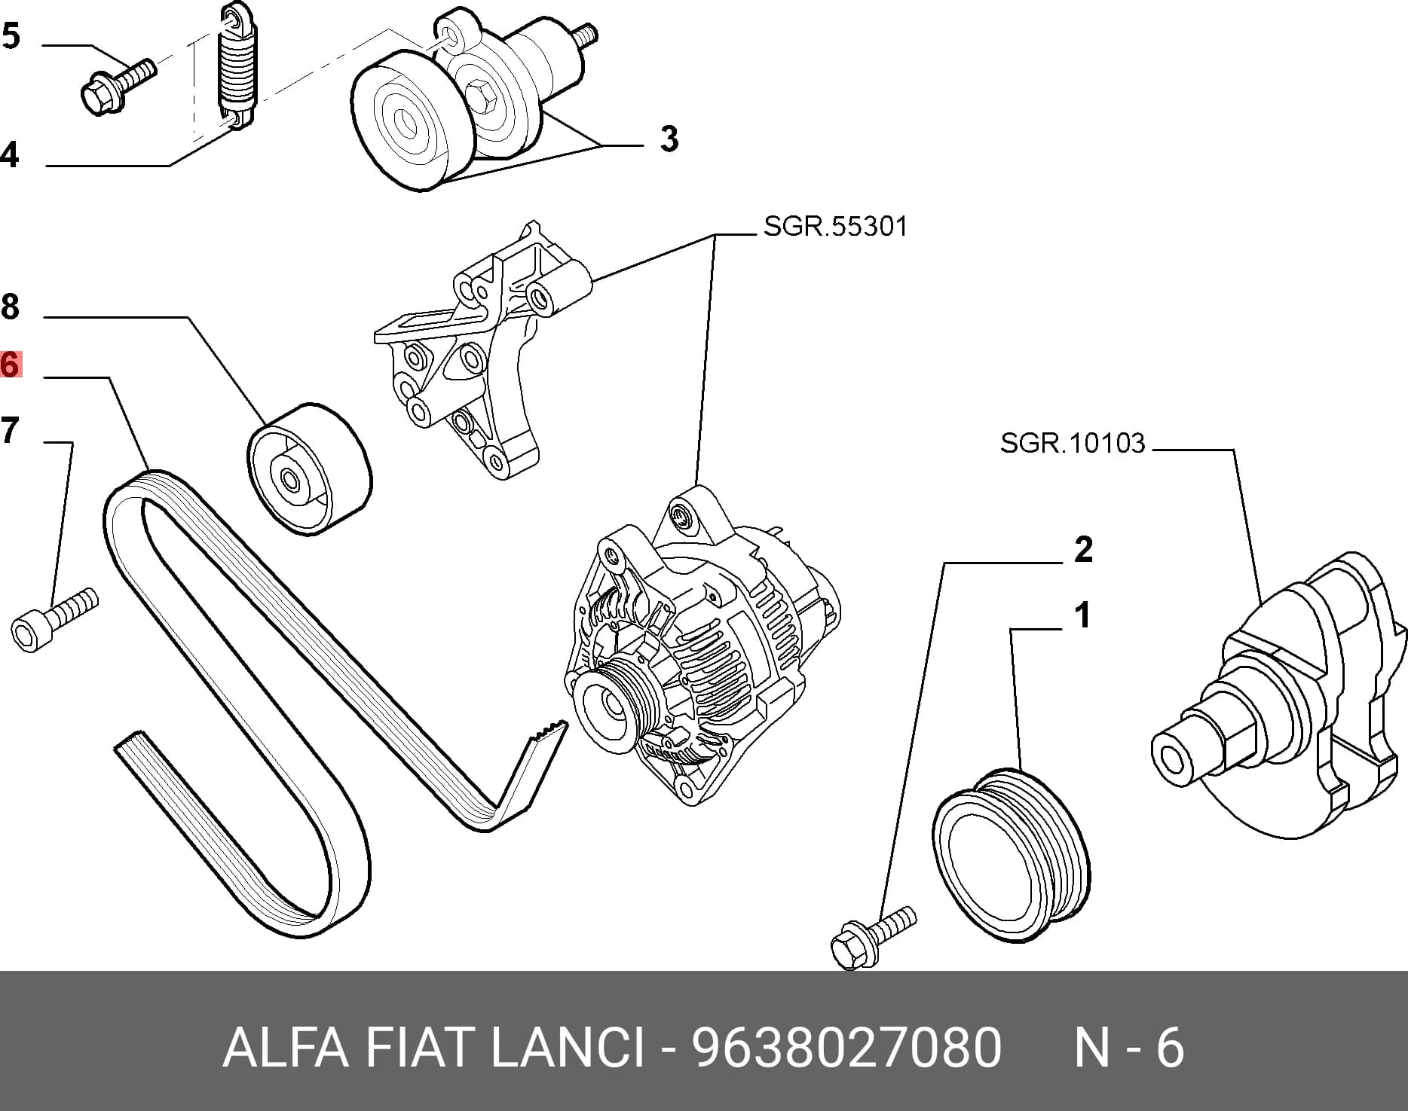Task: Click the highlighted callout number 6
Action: click(10, 365)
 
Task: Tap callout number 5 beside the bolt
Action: click(11, 36)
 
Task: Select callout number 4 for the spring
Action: click(10, 154)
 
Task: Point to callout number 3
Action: click(669, 139)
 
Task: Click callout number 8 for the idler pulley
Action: click(10, 307)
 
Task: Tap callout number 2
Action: click(1083, 550)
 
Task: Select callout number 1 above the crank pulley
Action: click(1083, 615)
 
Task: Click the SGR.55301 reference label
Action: click(835, 226)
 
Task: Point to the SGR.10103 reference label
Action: click(1073, 442)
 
